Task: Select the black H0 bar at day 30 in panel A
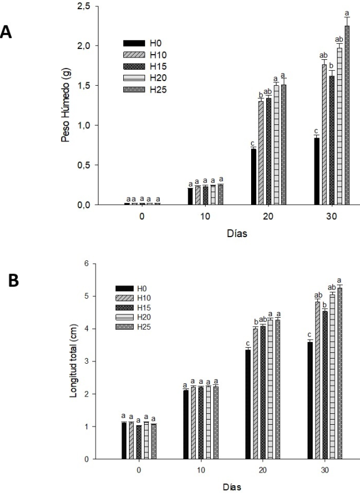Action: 316,172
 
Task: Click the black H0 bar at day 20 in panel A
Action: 253,176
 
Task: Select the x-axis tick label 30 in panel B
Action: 324,470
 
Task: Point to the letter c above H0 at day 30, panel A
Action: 316,130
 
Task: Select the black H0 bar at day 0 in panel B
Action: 124,440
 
